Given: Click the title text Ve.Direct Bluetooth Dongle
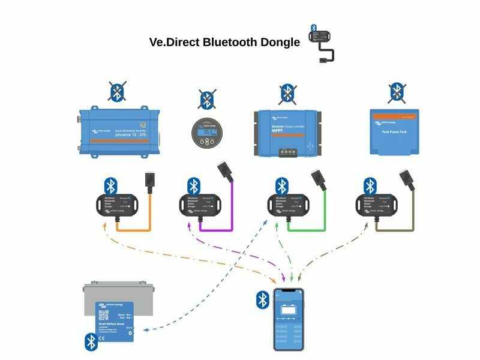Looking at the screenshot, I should (224, 43).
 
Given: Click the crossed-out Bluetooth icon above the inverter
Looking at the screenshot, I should (117, 91).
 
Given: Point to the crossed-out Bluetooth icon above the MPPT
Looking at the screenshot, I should (287, 93).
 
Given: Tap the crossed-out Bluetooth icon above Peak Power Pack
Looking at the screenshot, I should (395, 92).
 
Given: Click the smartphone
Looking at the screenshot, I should (289, 320).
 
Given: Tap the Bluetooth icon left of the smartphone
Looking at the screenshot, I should (263, 299).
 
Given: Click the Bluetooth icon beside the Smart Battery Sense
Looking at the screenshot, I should (90, 342).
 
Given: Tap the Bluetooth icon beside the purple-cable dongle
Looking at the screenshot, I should (192, 185).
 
